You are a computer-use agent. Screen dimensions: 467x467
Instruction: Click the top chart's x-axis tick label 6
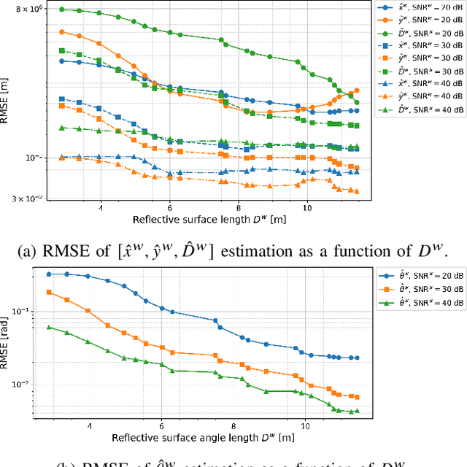point(170,207)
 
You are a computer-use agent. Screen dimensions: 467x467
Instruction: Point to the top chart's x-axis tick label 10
point(306,207)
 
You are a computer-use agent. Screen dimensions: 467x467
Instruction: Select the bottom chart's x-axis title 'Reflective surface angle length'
point(203,437)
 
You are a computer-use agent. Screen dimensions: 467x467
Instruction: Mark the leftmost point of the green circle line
point(62,9)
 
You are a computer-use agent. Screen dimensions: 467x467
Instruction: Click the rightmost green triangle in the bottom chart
point(356,411)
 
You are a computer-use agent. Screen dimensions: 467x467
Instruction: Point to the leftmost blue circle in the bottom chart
point(49,274)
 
